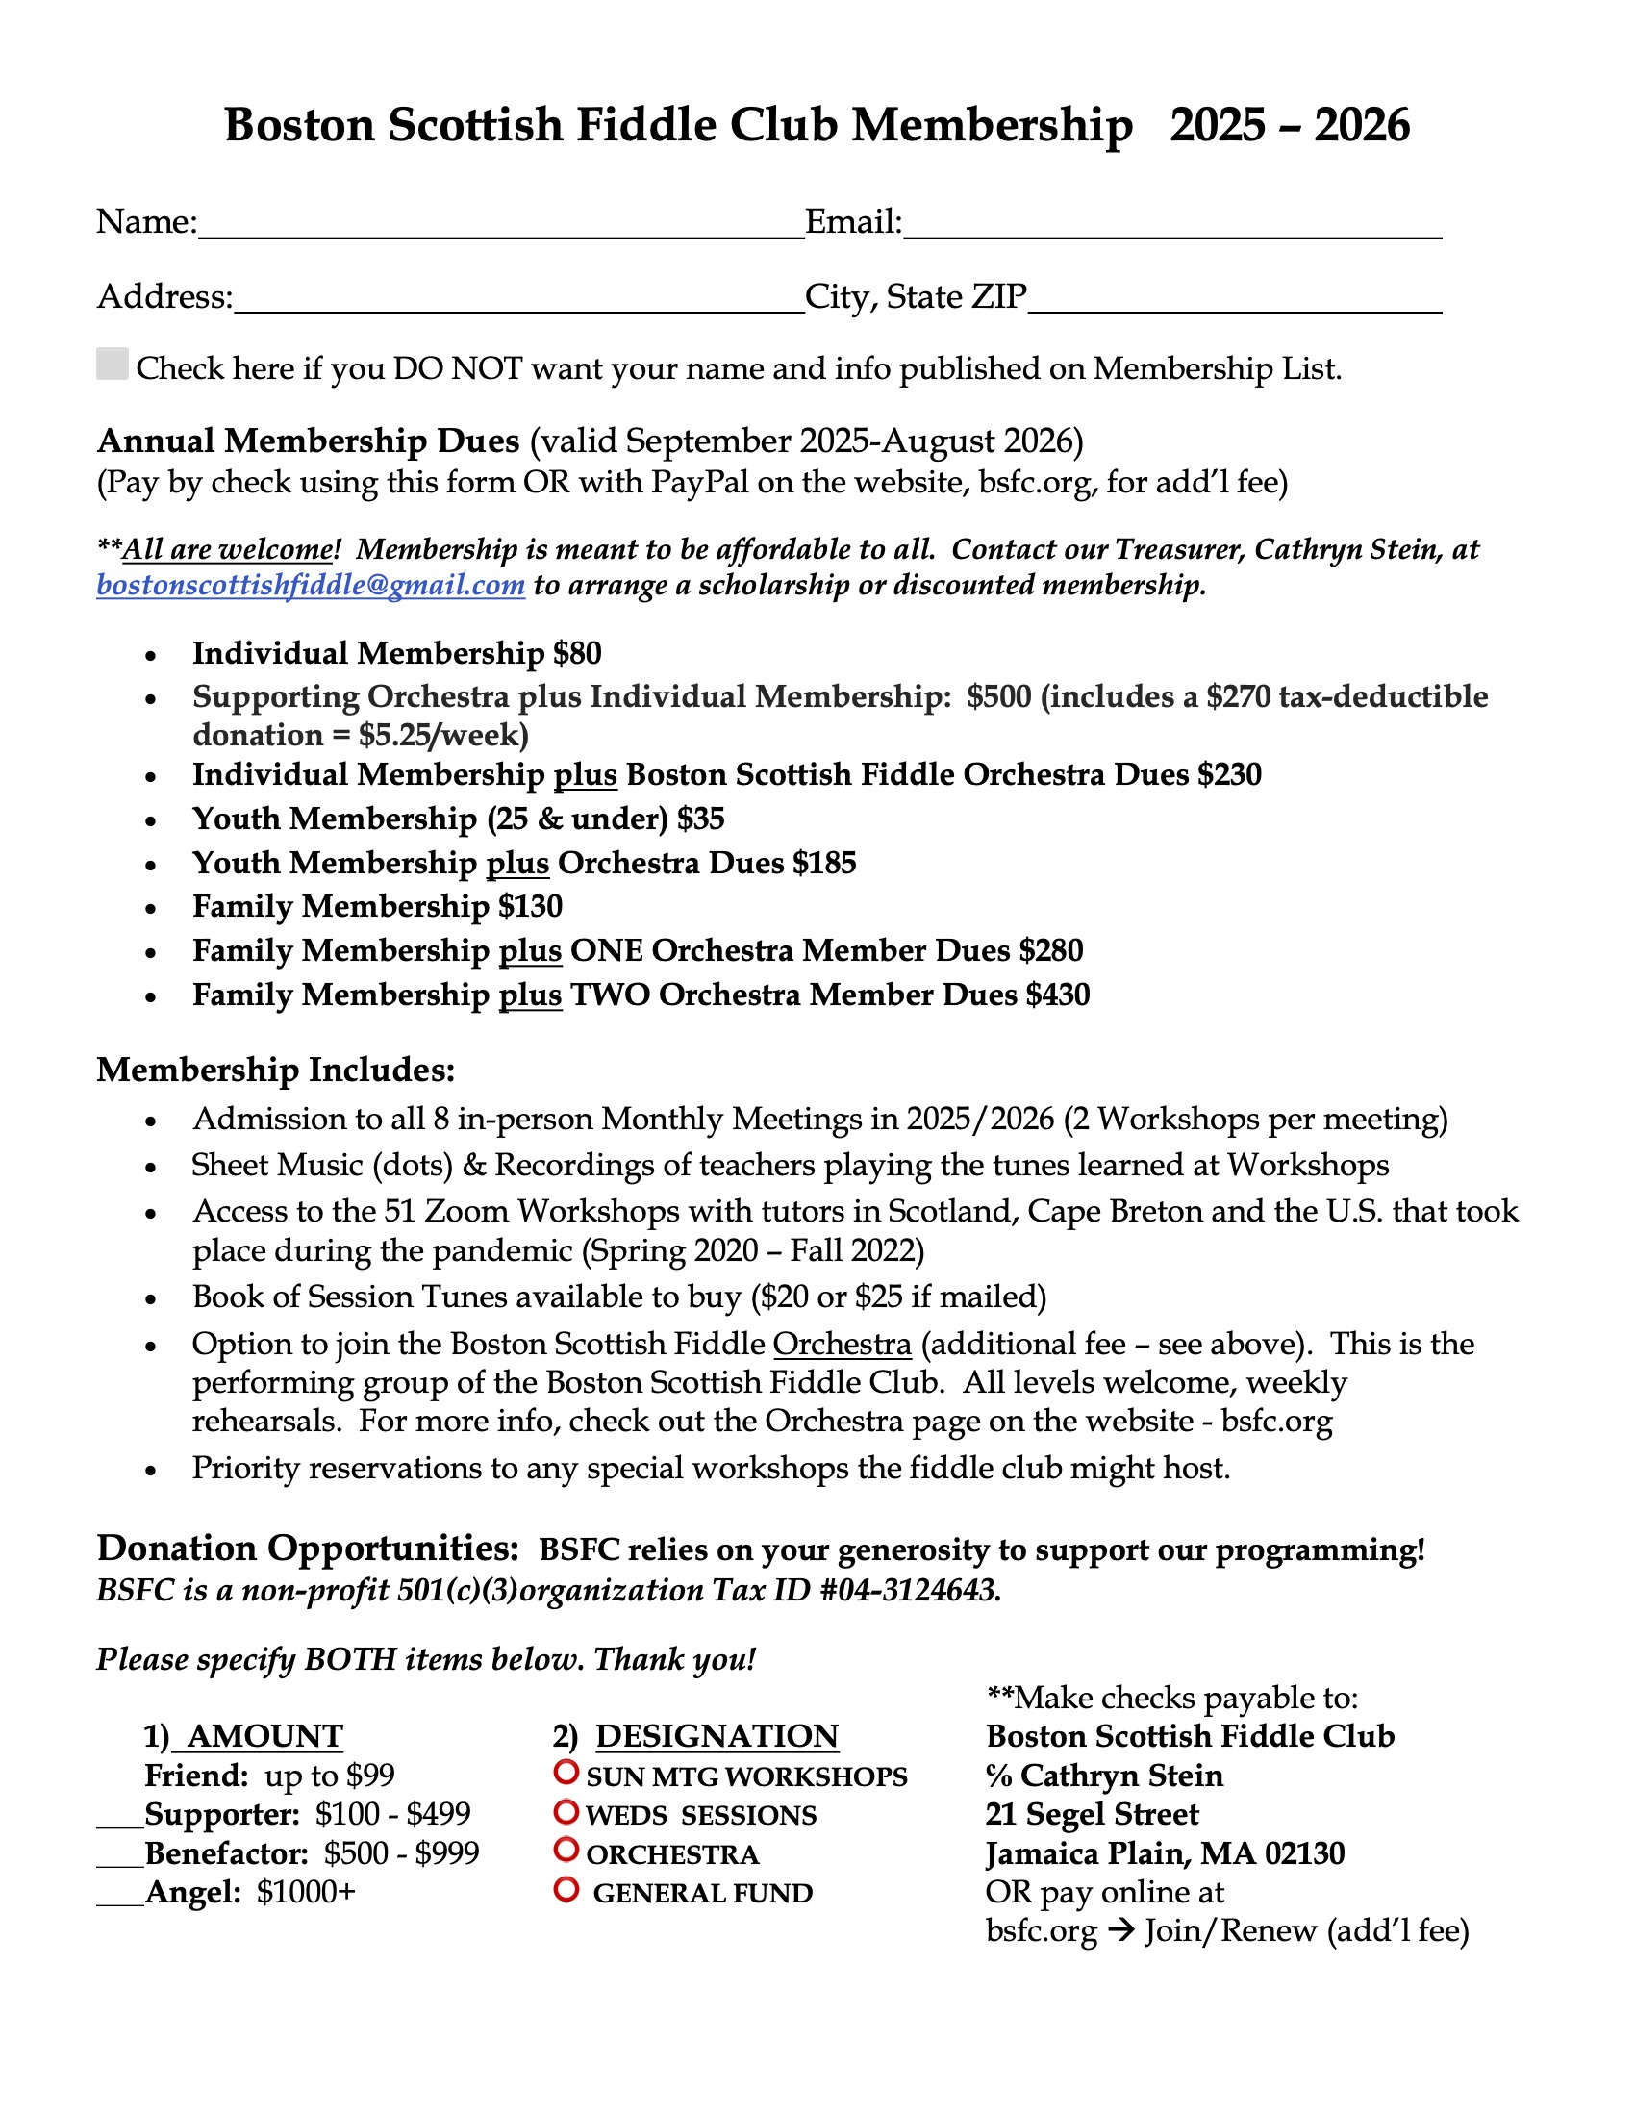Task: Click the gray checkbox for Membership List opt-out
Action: pos(113,365)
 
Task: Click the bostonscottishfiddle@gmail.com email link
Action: pos(310,586)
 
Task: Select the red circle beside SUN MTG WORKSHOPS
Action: pos(566,1772)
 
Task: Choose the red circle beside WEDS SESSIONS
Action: pos(566,1811)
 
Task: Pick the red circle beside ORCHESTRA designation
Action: pos(566,1850)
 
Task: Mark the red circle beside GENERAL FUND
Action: pos(566,1889)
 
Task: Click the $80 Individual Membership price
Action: pos(577,654)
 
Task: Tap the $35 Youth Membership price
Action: pos(700,819)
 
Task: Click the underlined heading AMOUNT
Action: pos(264,1736)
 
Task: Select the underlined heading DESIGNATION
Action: pos(717,1736)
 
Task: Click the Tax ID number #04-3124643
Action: pos(910,1591)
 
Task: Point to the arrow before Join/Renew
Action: pos(1120,1931)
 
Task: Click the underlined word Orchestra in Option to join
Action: pos(842,1345)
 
